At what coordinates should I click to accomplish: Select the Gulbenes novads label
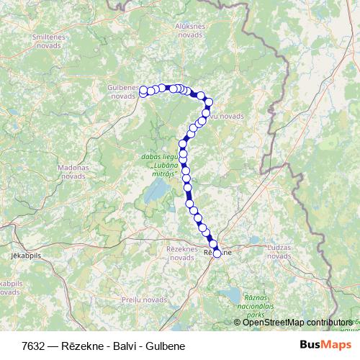pyautogui.click(x=122, y=91)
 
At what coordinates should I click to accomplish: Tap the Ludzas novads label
pyautogui.click(x=279, y=251)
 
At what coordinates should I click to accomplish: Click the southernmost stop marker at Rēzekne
pyautogui.click(x=217, y=253)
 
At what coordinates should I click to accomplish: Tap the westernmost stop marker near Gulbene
pyautogui.click(x=143, y=91)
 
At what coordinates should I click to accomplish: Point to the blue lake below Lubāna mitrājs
pyautogui.click(x=156, y=192)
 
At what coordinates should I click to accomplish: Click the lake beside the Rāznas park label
pyautogui.click(x=233, y=294)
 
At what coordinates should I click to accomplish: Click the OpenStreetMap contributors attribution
pyautogui.click(x=297, y=322)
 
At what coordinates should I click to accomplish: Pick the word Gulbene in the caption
pyautogui.click(x=168, y=346)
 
